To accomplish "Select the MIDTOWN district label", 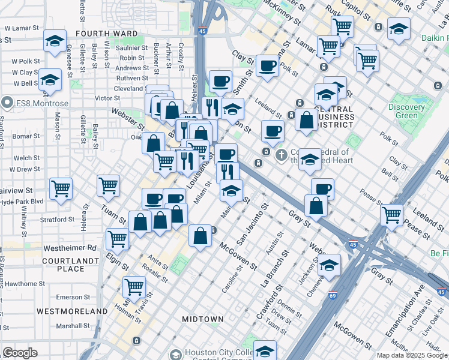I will [x=203, y=319].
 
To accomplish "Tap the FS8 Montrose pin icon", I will [x=7, y=103].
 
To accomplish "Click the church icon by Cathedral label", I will [x=280, y=155].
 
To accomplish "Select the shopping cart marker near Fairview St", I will [x=61, y=188].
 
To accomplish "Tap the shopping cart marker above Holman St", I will [x=134, y=286].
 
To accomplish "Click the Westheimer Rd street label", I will [x=76, y=247].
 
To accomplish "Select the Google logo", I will [x=20, y=352].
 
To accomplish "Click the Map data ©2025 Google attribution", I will [x=411, y=355].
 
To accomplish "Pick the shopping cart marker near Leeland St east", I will [x=392, y=214].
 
